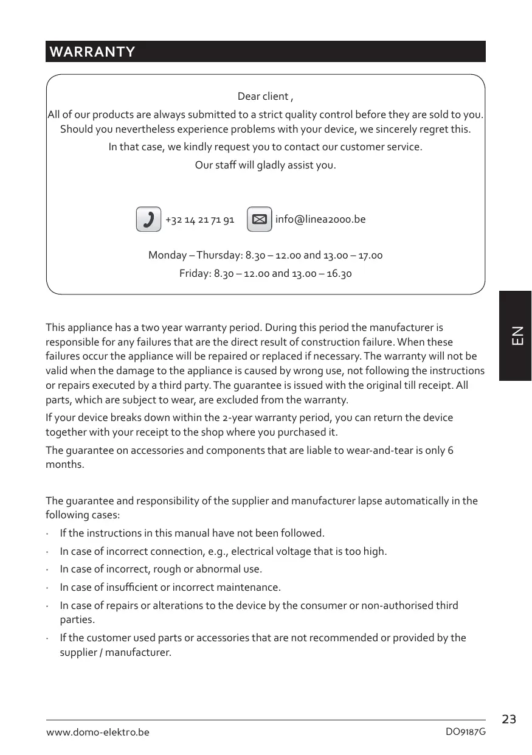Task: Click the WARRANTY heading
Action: tap(92, 52)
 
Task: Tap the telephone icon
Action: tap(148, 219)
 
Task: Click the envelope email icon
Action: tap(260, 219)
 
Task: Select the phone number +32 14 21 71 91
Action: tap(199, 220)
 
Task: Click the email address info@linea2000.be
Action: tap(320, 219)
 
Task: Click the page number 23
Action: tap(509, 720)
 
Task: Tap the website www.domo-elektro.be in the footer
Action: tap(98, 732)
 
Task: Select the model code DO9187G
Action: tap(466, 732)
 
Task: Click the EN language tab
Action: tap(516, 336)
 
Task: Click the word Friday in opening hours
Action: tap(195, 274)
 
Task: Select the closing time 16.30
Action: tap(339, 274)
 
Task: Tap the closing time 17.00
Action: tap(370, 256)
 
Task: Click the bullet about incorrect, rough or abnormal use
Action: tap(161, 569)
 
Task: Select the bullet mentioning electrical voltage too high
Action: tap(223, 551)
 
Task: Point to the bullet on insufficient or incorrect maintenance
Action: tap(170, 588)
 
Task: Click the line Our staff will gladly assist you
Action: tap(265, 165)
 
